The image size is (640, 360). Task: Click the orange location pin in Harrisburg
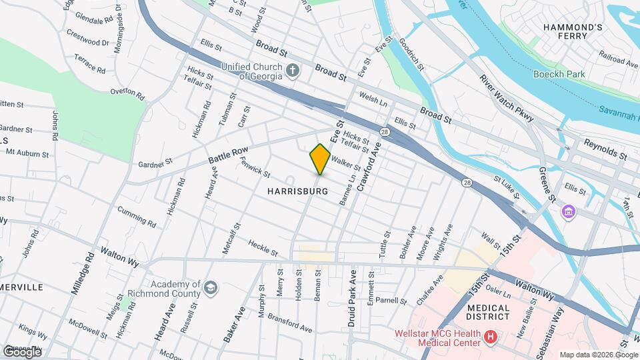(x=320, y=159)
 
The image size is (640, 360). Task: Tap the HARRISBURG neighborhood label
(x=297, y=191)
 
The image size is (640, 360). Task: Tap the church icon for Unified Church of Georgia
(x=292, y=70)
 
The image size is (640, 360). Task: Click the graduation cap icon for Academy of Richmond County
(x=211, y=288)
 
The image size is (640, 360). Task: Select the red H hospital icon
(x=491, y=337)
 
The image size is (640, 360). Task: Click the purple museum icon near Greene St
(x=568, y=213)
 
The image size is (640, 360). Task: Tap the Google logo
(x=21, y=351)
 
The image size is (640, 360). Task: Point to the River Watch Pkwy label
(x=507, y=97)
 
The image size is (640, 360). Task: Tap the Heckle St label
(x=263, y=247)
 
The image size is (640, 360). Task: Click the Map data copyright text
(x=597, y=354)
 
